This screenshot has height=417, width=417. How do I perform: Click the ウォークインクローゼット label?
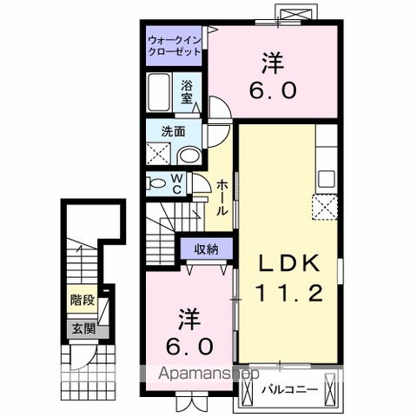[x=174, y=46]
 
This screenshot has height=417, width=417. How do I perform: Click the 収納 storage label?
[x=206, y=249]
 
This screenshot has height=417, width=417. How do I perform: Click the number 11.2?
[x=288, y=293]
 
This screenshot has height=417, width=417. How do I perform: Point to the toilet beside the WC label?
[x=157, y=184]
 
